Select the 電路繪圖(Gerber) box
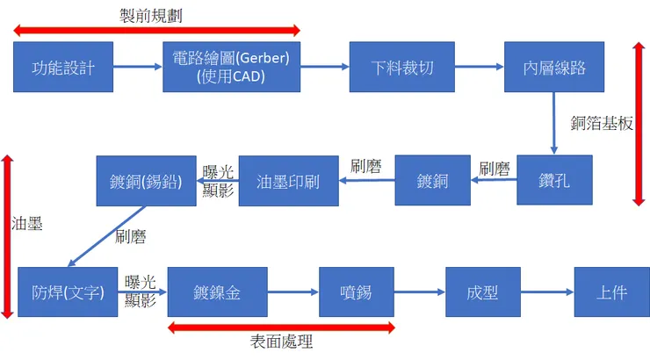point(231,67)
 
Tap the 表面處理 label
point(282,343)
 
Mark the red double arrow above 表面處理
point(281,328)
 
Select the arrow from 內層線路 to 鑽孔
point(554,123)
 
